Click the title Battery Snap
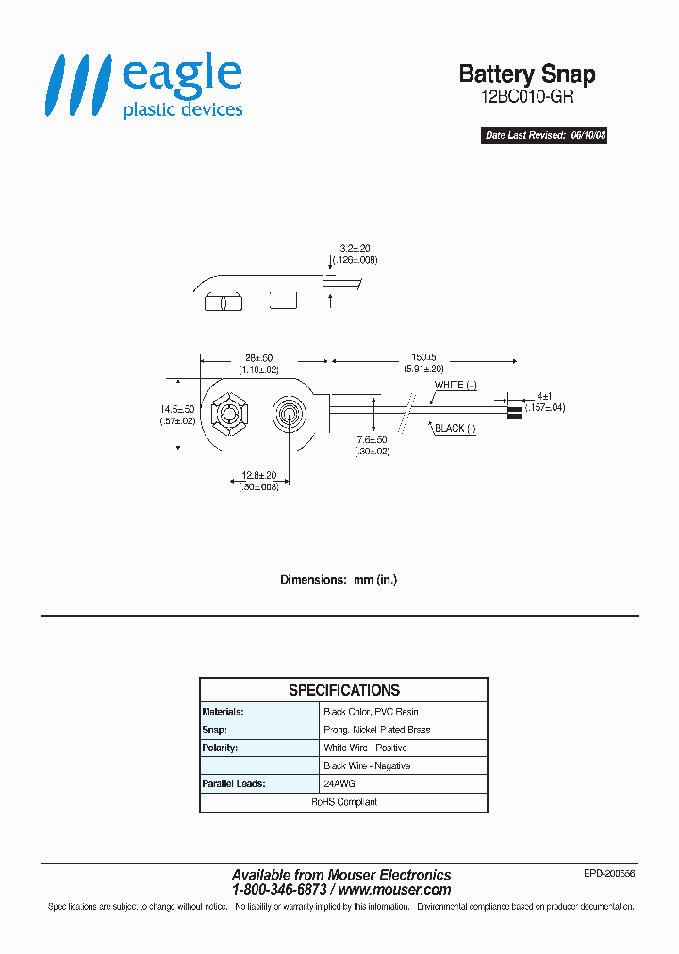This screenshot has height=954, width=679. tap(526, 74)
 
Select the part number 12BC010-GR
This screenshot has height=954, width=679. tap(526, 97)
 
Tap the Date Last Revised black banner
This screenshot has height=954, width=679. tap(545, 136)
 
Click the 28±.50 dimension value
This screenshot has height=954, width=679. tap(252, 359)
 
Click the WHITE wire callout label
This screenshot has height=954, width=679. tap(455, 385)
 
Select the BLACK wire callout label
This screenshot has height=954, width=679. tap(455, 428)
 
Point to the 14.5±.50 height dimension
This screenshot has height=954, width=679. tap(177, 409)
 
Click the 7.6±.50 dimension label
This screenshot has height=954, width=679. tap(370, 439)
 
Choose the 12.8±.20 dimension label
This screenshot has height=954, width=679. tap(257, 475)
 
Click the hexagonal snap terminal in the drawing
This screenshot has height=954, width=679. tap(228, 414)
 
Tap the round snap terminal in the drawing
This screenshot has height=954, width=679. tap(290, 414)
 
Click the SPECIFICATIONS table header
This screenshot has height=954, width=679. tap(343, 690)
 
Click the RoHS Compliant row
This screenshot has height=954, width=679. tap(343, 802)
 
